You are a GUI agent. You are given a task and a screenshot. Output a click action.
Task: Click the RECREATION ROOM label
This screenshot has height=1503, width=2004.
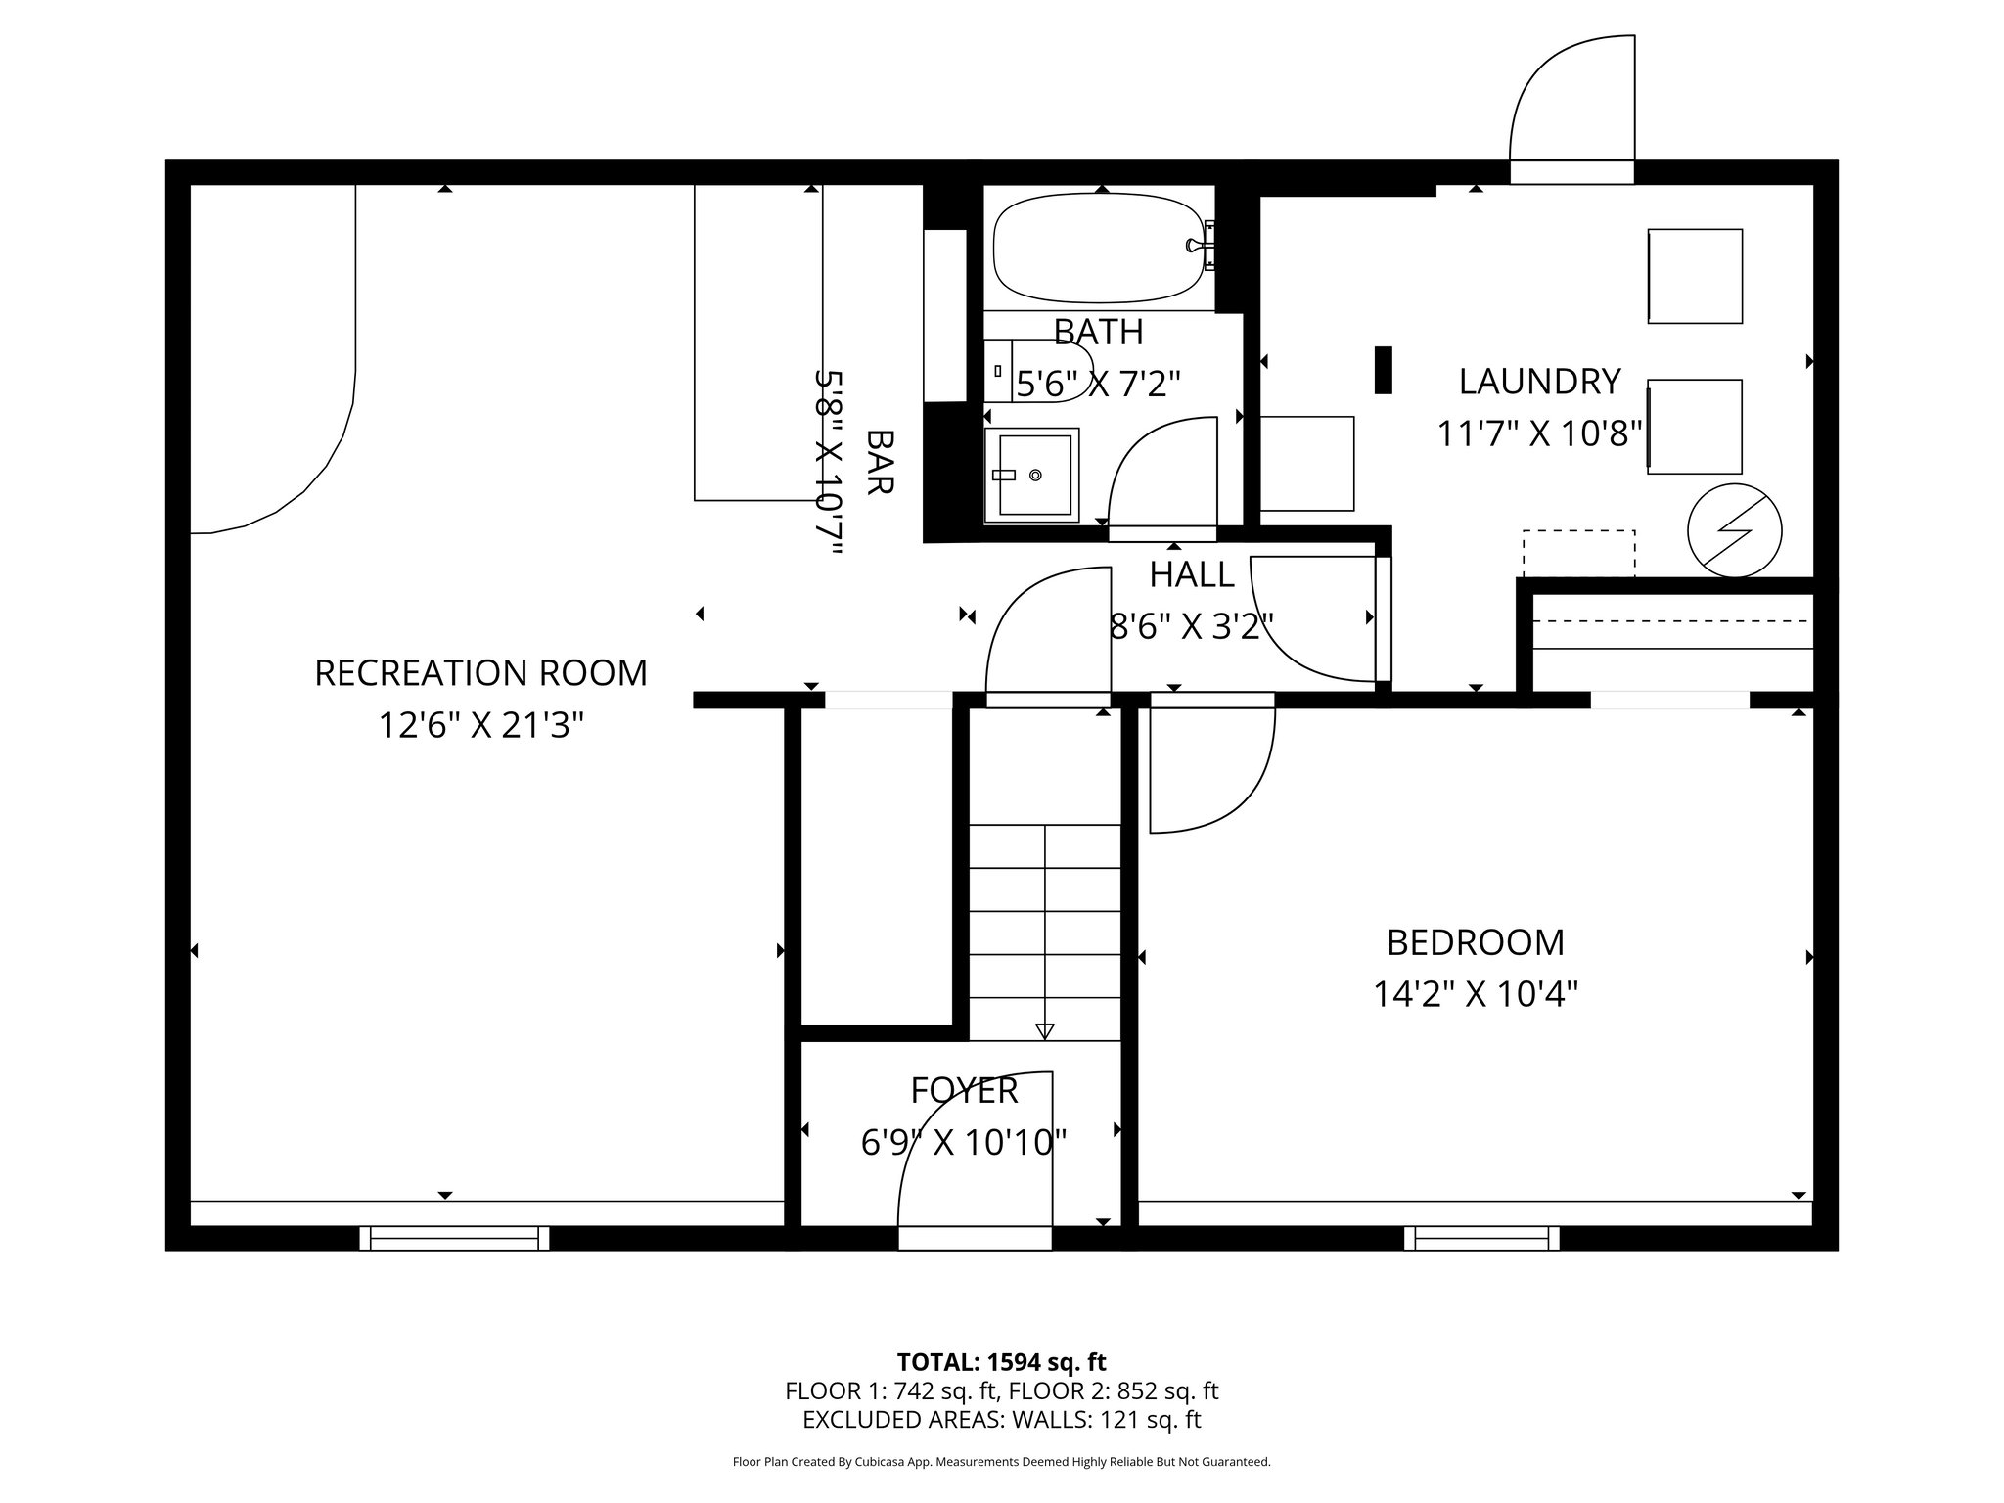point(480,673)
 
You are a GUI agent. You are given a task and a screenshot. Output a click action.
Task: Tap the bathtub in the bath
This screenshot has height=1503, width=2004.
point(1098,249)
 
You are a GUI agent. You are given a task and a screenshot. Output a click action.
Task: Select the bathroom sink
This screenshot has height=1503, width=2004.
point(1033,475)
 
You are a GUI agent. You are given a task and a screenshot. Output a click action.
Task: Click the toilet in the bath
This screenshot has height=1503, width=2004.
point(1037,372)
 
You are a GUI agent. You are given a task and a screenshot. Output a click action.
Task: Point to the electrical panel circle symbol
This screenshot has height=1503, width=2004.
point(1735,531)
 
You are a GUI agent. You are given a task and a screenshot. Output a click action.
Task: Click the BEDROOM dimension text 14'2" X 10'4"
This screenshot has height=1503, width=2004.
point(1476,995)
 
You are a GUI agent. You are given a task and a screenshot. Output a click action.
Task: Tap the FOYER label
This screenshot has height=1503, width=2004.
point(964,1090)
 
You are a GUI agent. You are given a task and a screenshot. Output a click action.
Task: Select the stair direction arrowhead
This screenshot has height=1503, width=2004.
point(1044,1030)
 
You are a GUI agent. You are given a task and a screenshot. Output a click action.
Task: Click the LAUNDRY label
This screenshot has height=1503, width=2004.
point(1539,382)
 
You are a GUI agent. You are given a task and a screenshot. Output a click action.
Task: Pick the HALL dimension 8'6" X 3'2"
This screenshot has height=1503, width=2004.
point(1191,625)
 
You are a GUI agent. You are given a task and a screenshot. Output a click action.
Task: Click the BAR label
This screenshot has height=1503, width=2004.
point(880,462)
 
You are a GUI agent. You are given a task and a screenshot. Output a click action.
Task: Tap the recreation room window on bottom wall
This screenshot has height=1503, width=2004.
point(454,1238)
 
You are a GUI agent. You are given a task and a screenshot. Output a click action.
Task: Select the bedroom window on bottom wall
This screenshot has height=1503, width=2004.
point(1481,1238)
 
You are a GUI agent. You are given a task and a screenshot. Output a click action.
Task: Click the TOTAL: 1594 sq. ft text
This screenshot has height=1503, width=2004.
point(1001,1361)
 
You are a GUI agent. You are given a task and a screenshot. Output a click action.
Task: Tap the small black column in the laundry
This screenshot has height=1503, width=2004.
point(1383,371)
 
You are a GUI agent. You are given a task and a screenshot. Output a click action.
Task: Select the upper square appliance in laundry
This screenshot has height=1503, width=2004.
point(1695,276)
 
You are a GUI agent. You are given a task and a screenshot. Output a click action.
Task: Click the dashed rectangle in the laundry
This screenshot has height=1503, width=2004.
point(1578,553)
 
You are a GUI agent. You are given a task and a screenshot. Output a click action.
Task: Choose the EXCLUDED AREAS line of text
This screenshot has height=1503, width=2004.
point(1001,1419)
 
